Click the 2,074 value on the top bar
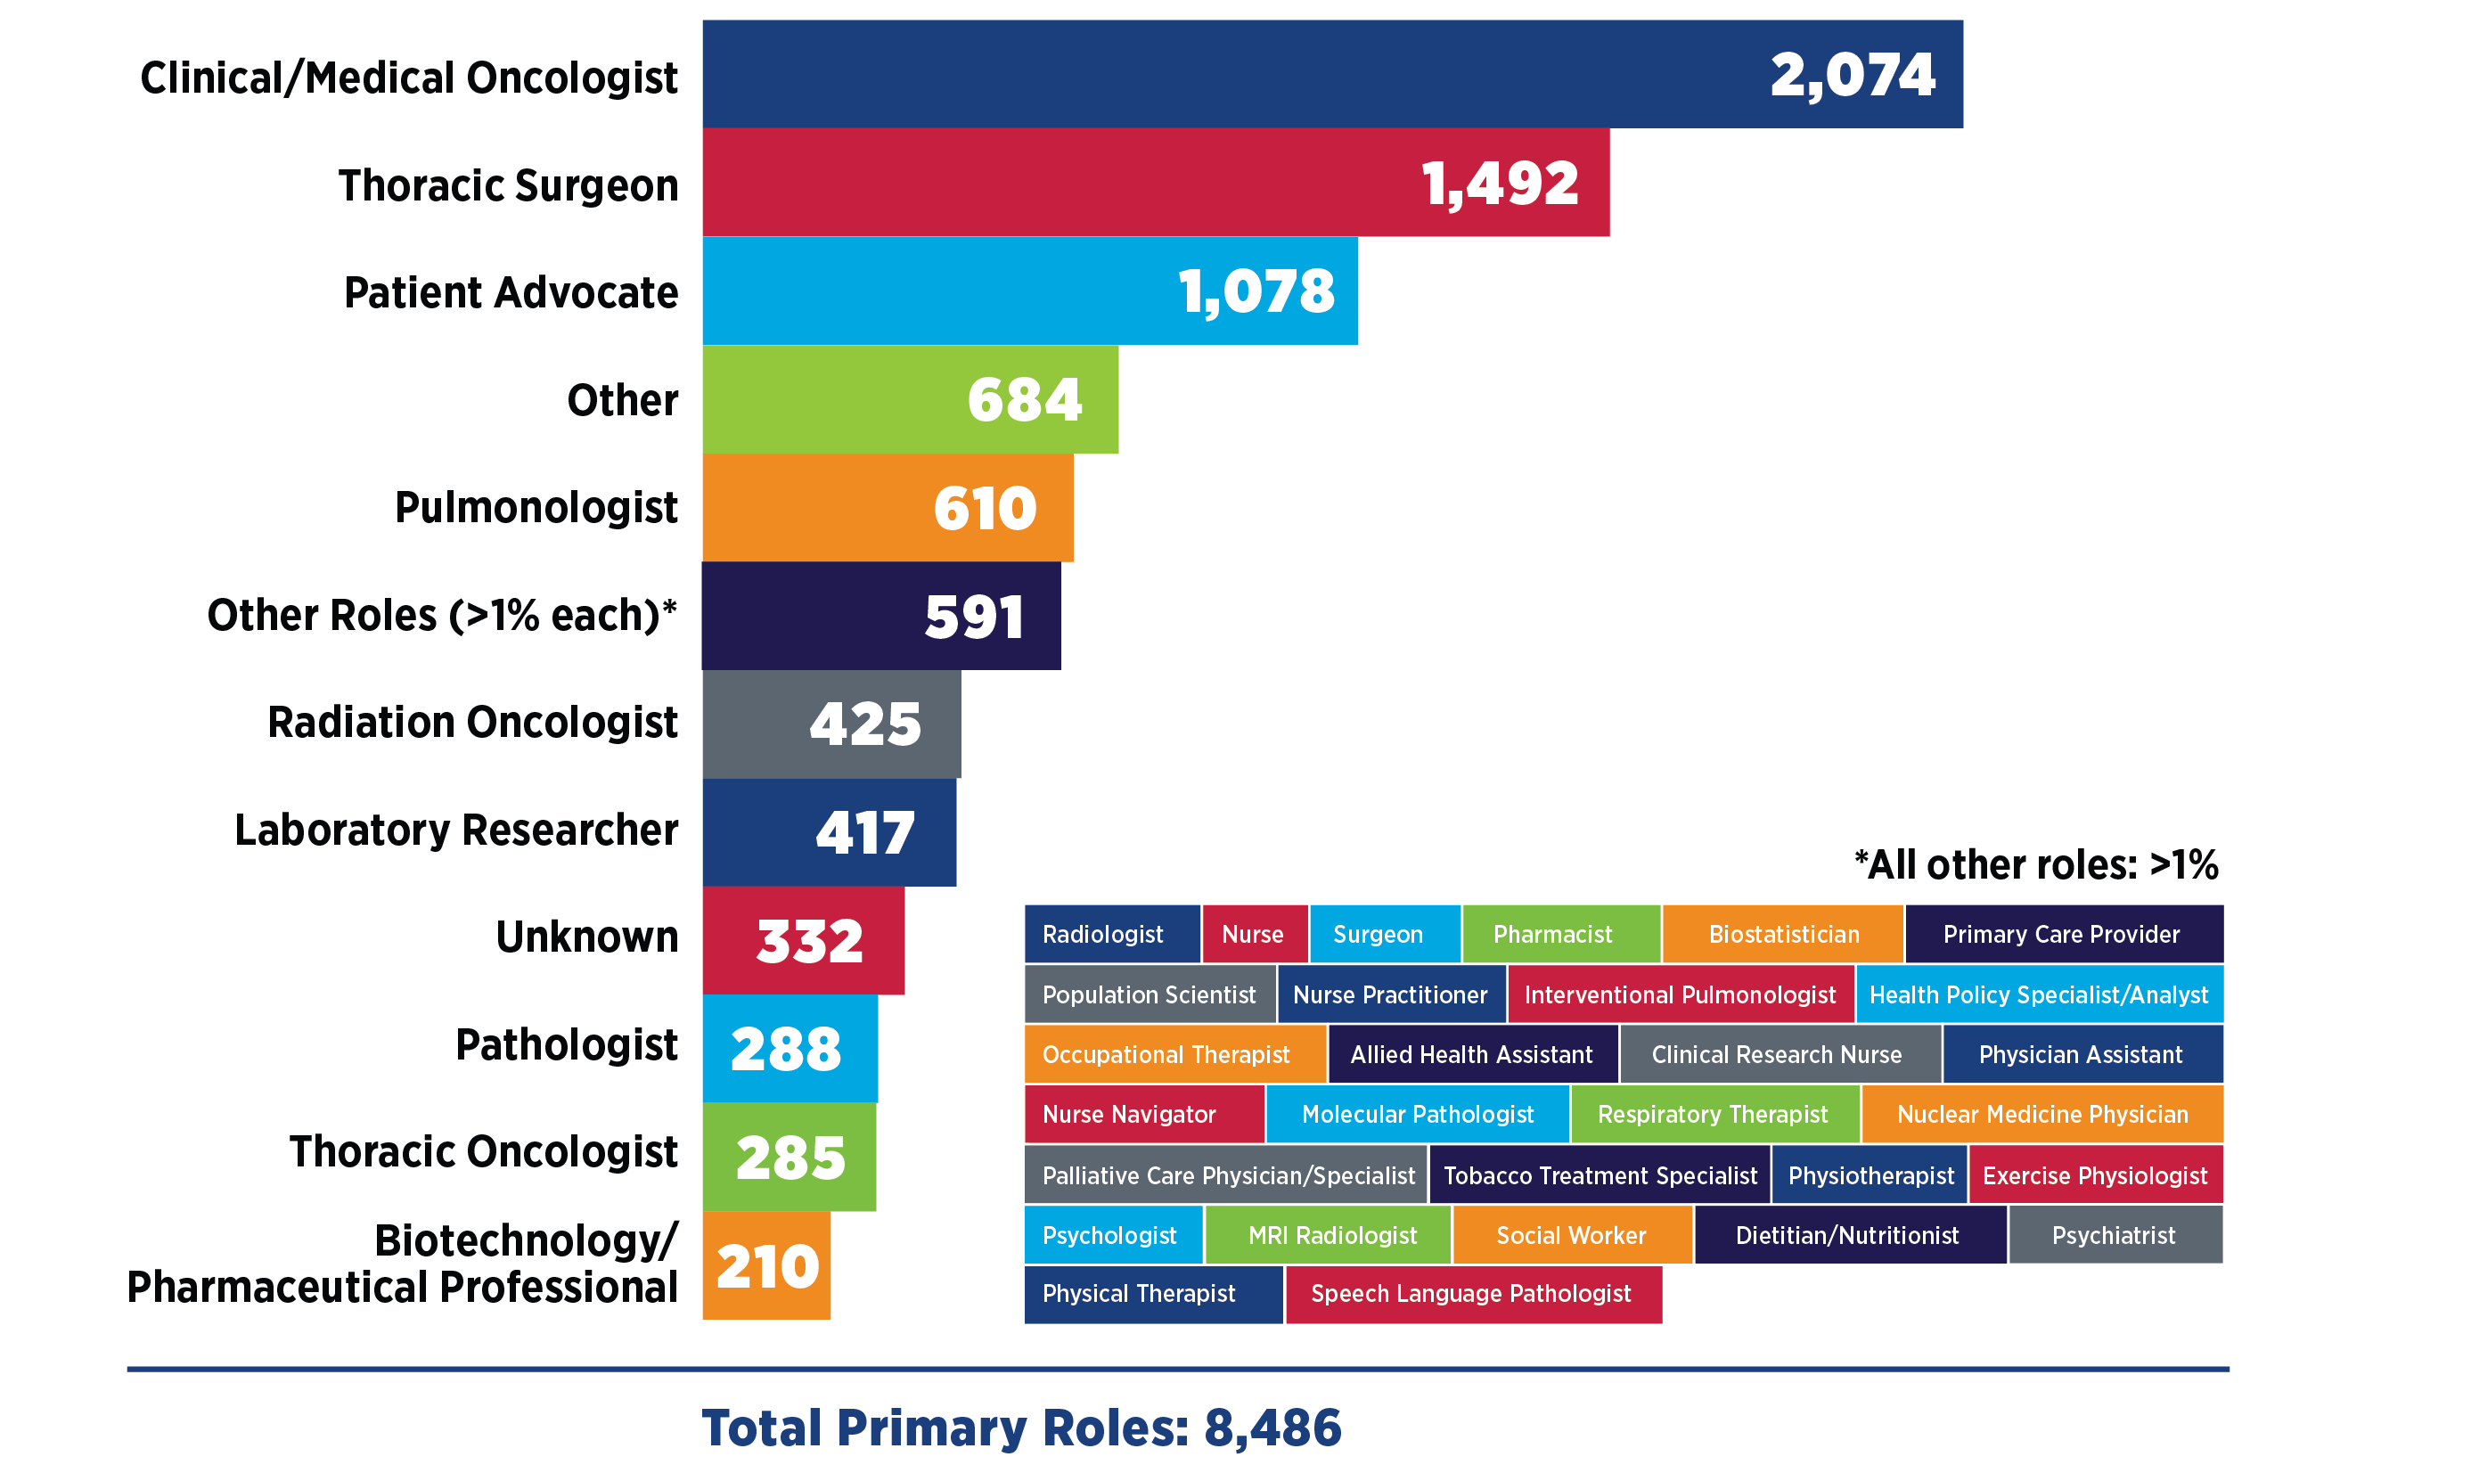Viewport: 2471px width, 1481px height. coord(1852,76)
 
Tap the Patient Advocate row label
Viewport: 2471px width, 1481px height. coord(510,292)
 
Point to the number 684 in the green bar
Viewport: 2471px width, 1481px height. coord(1024,400)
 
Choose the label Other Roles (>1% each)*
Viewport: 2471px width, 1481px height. coord(441,615)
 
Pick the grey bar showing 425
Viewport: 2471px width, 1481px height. coord(830,724)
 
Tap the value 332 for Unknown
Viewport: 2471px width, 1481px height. coord(808,941)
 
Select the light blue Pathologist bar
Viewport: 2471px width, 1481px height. coord(789,1049)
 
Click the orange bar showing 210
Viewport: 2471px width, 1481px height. coord(765,1265)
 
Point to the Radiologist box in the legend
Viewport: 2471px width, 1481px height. coord(1111,934)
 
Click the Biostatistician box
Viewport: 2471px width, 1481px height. coord(1782,934)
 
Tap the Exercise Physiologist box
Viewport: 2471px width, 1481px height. coord(2094,1174)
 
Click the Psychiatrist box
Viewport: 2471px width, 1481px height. coord(2113,1234)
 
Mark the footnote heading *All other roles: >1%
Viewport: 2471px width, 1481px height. coord(2036,864)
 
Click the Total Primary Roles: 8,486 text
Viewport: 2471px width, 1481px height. coord(1021,1428)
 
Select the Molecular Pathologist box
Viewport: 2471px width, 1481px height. coord(1417,1114)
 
